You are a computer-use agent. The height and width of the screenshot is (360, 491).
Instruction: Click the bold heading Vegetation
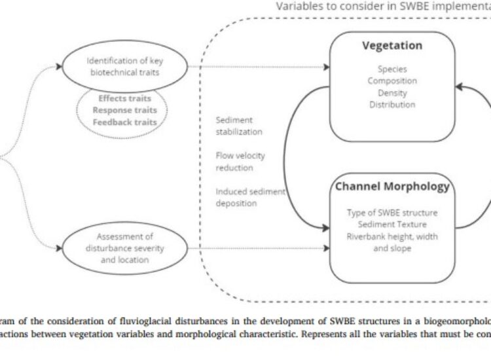[392, 46]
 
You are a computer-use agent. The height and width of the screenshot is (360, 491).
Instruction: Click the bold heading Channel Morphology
[392, 187]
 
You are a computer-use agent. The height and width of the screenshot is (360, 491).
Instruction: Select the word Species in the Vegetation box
[392, 69]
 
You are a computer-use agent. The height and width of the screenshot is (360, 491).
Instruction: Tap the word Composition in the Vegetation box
[392, 81]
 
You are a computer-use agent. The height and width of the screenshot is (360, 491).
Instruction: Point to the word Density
[392, 92]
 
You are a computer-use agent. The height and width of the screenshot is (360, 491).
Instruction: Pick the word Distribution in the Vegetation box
[392, 104]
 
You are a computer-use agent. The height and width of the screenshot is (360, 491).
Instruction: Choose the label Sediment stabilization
[239, 126]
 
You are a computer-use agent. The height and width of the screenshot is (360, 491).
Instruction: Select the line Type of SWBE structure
[392, 213]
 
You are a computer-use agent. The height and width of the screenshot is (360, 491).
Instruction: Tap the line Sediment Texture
[392, 224]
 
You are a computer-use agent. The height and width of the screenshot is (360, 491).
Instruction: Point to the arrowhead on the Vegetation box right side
[460, 86]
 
